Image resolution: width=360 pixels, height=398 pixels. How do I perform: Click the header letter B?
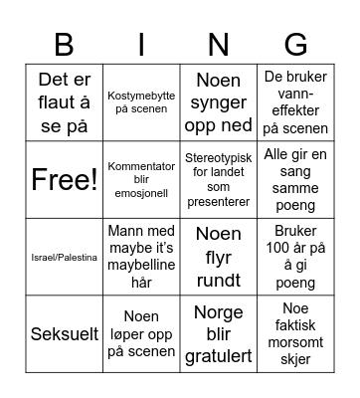(x=64, y=43)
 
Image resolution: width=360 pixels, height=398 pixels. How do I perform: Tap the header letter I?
(x=141, y=43)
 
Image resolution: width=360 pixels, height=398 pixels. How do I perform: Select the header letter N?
(x=218, y=43)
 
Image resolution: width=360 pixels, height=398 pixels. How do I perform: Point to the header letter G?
(x=295, y=43)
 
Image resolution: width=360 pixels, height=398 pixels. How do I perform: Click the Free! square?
(x=64, y=180)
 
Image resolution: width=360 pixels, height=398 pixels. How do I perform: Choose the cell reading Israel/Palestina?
(x=64, y=257)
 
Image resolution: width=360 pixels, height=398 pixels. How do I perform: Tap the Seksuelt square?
(x=64, y=333)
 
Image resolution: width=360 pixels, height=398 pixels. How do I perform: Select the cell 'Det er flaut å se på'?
(x=64, y=102)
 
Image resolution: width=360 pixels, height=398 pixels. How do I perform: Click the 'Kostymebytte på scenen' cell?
(x=141, y=102)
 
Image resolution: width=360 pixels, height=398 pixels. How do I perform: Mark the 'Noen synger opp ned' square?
(x=218, y=102)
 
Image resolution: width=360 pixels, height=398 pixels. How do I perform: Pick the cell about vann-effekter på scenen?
(x=295, y=102)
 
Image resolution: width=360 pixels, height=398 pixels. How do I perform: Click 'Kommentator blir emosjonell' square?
(x=141, y=180)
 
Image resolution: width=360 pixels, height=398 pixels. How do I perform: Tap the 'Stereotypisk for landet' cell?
(x=218, y=180)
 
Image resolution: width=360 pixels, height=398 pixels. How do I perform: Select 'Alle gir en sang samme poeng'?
(x=295, y=180)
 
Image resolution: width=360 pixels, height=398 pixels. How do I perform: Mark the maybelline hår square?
(x=141, y=257)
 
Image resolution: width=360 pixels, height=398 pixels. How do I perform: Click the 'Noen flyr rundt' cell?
(x=218, y=257)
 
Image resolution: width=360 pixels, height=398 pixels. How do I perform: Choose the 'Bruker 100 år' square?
(x=295, y=257)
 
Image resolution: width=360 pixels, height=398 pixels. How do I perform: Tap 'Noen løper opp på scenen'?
(x=141, y=333)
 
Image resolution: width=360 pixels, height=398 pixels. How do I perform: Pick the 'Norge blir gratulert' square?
(x=218, y=333)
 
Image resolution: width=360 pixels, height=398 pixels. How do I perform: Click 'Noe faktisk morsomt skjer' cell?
(x=295, y=333)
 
